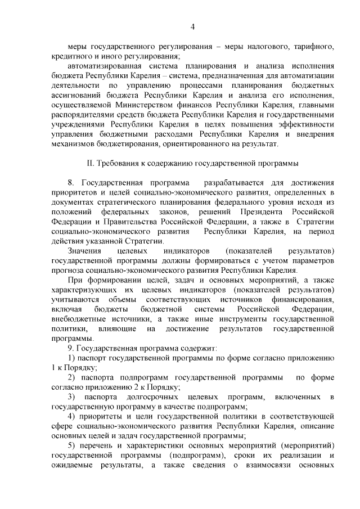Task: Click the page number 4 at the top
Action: pos(192,26)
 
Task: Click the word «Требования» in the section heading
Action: pos(118,163)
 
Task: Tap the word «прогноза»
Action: pos(67,271)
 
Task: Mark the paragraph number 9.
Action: pos(70,348)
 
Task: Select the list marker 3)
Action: pos(72,397)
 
